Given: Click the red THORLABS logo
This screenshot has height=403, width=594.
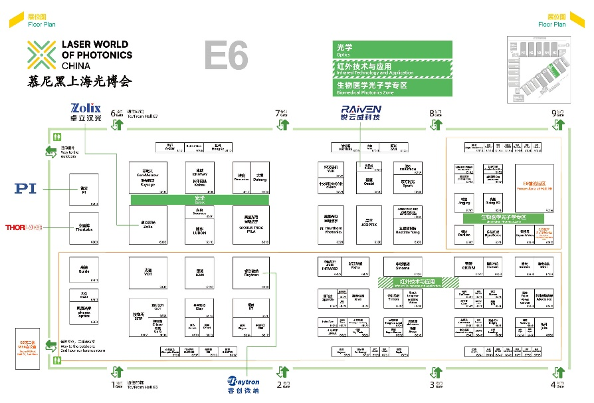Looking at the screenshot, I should click(25, 227).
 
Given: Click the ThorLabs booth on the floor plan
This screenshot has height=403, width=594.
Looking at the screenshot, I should click(84, 228).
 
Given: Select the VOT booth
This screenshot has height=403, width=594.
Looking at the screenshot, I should click(148, 273).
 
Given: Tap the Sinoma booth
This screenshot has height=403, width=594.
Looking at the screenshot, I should click(403, 265).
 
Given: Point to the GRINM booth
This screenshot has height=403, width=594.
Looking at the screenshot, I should click(468, 265).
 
